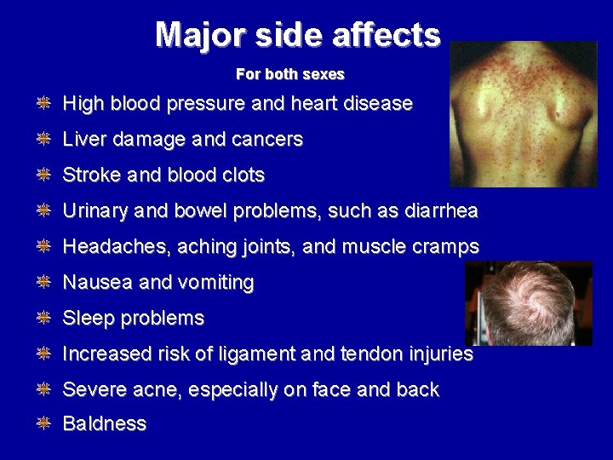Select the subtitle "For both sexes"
click(290, 75)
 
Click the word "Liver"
click(83, 140)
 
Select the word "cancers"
click(268, 140)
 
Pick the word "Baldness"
click(105, 424)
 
